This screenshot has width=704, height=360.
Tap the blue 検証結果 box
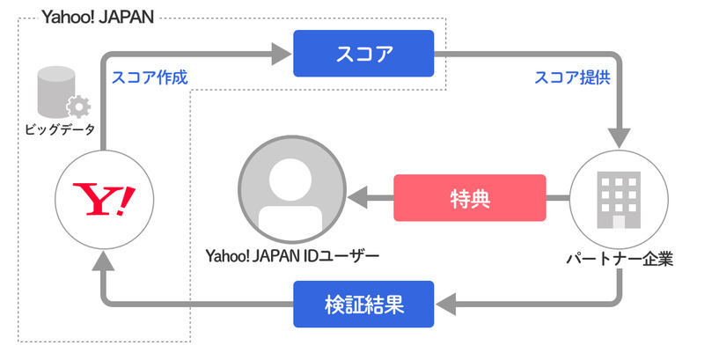coord(363,305)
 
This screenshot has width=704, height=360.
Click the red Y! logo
coord(104,198)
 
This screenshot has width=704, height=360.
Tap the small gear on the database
coord(78,108)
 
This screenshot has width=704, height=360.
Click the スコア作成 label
coord(150,77)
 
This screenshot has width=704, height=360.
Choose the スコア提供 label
coord(573,77)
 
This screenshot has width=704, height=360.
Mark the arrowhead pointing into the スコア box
coord(282,55)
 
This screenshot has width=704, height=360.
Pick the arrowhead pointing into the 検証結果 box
coord(444,305)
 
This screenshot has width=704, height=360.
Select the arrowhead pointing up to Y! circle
coord(104,259)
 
